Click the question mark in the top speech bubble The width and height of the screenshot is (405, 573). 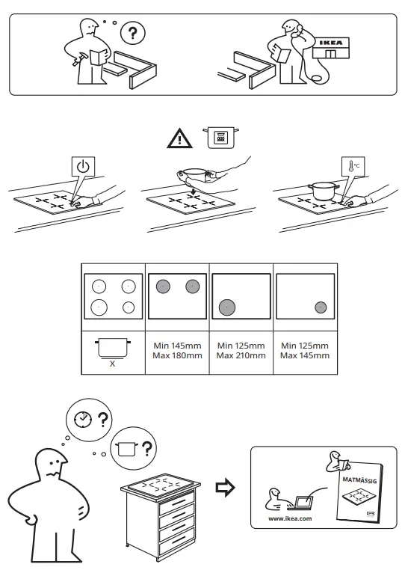134,34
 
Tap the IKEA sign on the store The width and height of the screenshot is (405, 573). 332,43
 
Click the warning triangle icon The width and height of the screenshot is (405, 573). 179,138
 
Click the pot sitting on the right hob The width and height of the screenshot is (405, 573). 322,190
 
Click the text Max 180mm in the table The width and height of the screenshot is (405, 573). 178,356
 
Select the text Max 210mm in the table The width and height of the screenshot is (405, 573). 241,356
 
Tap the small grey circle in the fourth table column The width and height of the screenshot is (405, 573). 321,306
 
